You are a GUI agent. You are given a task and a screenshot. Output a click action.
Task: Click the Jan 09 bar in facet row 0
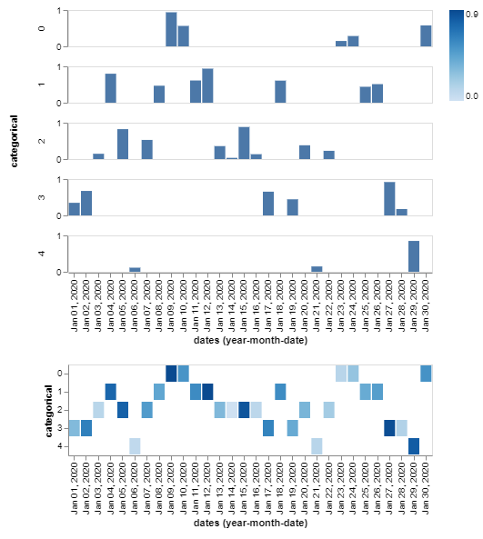(x=171, y=29)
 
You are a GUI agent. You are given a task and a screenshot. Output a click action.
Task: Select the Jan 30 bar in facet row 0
(x=426, y=35)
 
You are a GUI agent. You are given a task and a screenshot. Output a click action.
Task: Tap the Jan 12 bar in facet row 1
(x=207, y=85)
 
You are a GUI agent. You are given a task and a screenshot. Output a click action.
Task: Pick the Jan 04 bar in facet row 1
(x=110, y=88)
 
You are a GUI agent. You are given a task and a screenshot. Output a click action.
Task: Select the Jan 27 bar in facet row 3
(x=389, y=198)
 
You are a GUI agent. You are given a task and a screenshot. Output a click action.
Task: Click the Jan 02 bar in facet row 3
(x=86, y=203)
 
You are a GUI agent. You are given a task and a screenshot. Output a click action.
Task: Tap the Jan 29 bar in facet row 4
(x=414, y=256)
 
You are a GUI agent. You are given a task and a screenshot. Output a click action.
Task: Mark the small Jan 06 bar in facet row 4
(x=135, y=269)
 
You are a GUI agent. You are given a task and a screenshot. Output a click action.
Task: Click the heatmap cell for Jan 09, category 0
(x=171, y=373)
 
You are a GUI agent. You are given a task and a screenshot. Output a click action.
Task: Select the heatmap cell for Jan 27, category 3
(x=389, y=427)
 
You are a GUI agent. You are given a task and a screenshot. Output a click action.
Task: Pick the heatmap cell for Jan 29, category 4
(x=414, y=445)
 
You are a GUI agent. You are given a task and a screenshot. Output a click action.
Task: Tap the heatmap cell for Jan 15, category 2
(x=244, y=409)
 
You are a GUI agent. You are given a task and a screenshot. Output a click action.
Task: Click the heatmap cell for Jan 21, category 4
(x=317, y=445)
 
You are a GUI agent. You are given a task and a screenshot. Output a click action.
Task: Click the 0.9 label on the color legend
(x=474, y=14)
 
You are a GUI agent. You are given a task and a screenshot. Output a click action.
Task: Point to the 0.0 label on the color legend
(x=474, y=95)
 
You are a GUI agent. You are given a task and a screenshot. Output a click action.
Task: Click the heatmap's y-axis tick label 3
(x=61, y=427)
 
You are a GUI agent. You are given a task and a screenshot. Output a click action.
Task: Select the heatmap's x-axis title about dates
(x=250, y=524)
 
